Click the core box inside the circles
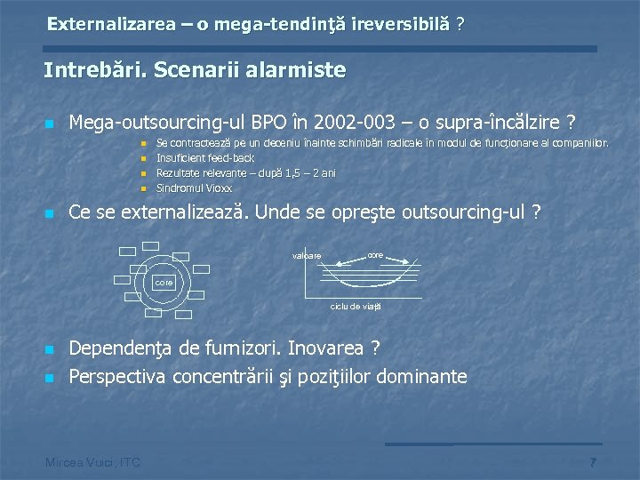point(164,282)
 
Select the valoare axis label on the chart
point(307,257)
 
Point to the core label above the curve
point(375,253)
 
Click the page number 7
point(593,462)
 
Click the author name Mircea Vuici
point(80,460)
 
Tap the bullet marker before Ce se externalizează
point(50,214)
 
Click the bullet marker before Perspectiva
point(50,378)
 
